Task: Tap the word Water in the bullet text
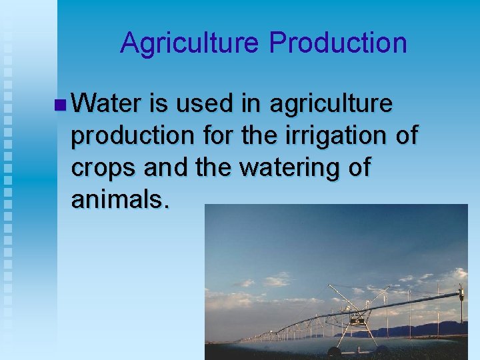(106, 104)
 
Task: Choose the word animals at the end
(120, 199)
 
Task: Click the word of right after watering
(358, 167)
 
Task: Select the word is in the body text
(159, 104)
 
